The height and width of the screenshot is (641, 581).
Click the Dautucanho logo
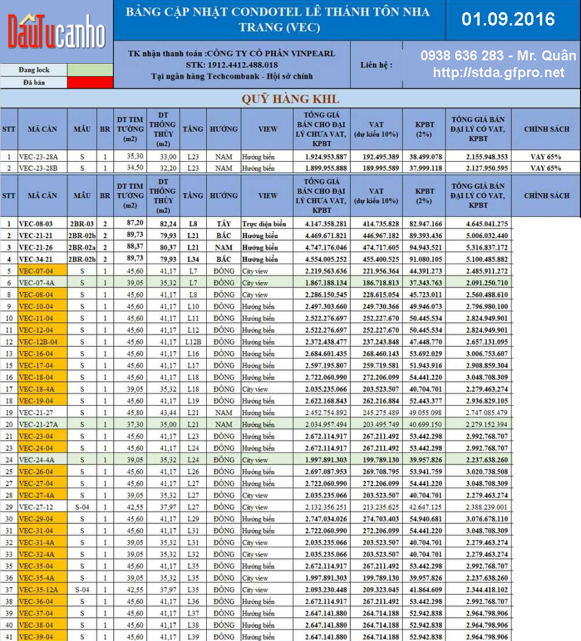coord(56,32)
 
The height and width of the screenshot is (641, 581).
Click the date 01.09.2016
coord(508,19)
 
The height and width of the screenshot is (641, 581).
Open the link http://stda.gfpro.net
coord(498,72)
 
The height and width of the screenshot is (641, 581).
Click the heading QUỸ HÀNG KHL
coord(290,99)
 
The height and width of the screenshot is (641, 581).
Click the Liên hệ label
coord(376,65)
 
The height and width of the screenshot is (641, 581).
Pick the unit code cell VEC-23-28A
coord(38,157)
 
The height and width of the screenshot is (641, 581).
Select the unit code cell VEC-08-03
coord(38,224)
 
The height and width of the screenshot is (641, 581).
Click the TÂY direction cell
coord(224,224)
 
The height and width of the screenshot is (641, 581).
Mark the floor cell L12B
coord(193,342)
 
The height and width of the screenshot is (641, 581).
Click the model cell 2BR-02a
coord(82,247)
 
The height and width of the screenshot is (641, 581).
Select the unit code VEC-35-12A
coord(39,590)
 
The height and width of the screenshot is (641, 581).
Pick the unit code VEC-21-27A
coord(39,425)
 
